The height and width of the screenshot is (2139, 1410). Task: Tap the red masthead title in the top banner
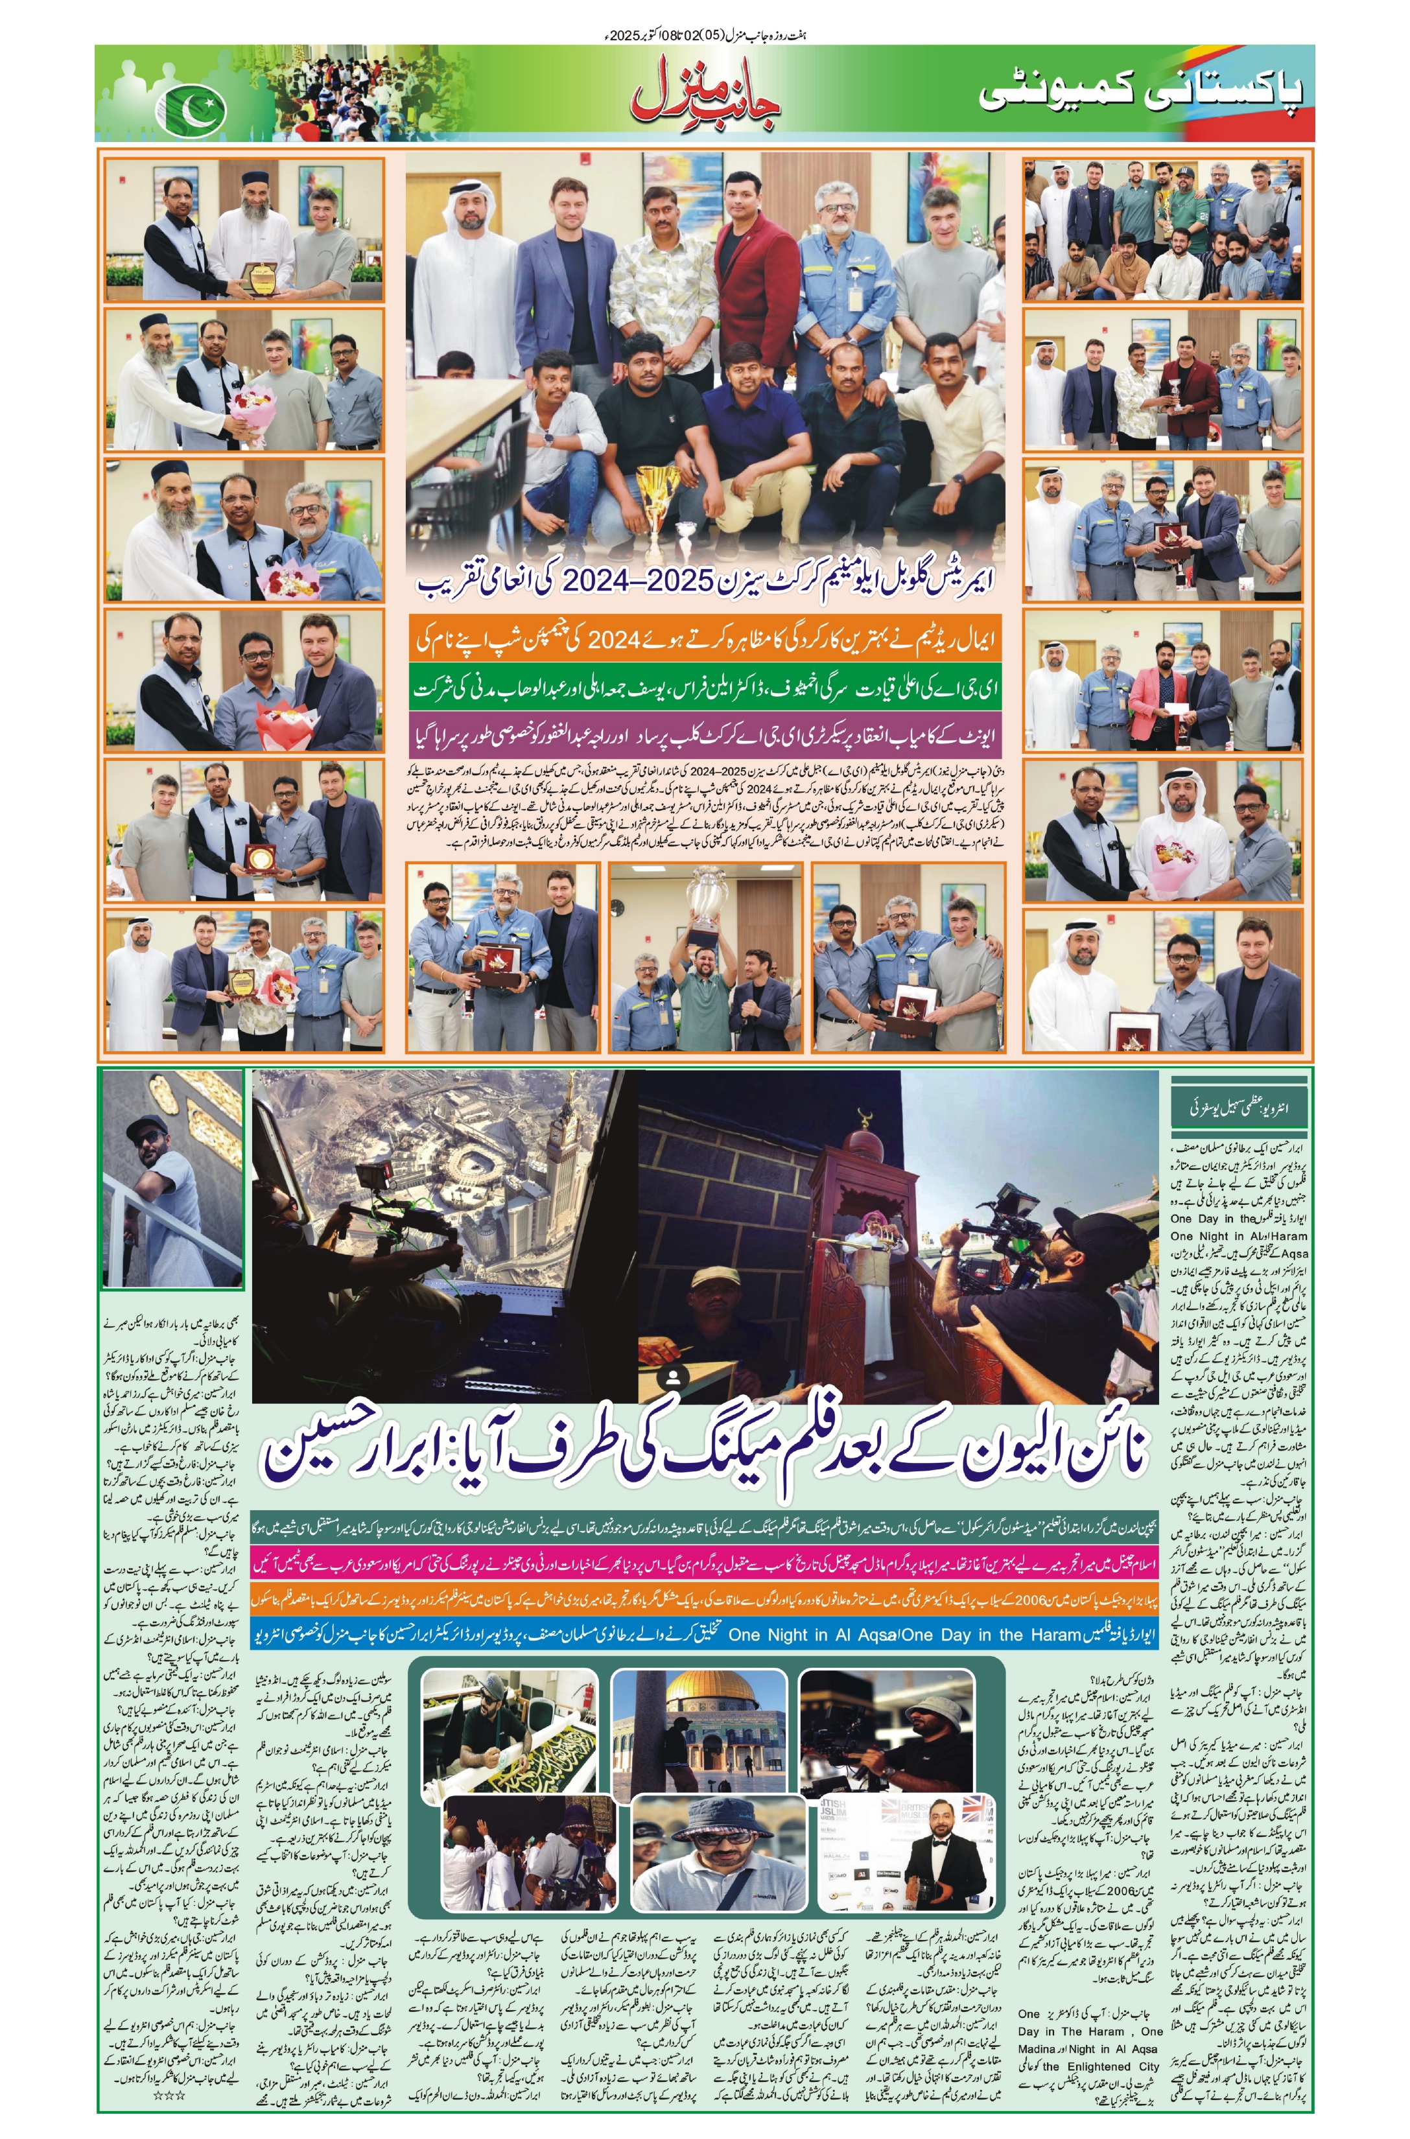[706, 93]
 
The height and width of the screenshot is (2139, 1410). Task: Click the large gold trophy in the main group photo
[657, 490]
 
